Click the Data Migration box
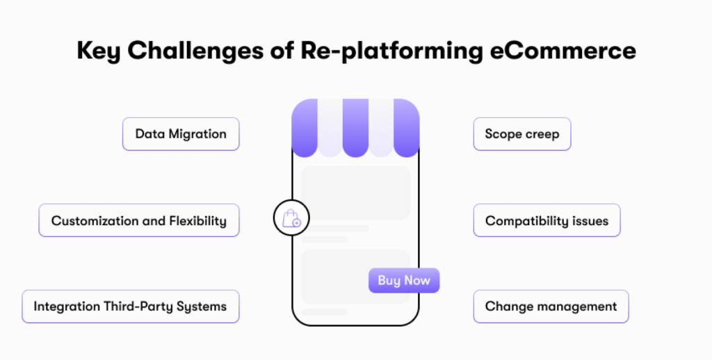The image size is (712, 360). (181, 134)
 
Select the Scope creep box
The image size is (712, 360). (521, 134)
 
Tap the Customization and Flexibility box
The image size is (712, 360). (139, 221)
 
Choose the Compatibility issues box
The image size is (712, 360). (547, 221)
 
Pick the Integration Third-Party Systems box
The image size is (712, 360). (131, 306)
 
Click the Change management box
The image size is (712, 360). (551, 306)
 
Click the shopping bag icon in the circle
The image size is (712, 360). (291, 219)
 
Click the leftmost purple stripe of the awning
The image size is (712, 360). (305, 128)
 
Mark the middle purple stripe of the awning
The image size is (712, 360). (355, 128)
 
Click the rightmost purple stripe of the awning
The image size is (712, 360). (407, 128)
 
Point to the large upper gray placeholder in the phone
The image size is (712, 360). (355, 193)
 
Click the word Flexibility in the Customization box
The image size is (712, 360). (197, 221)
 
